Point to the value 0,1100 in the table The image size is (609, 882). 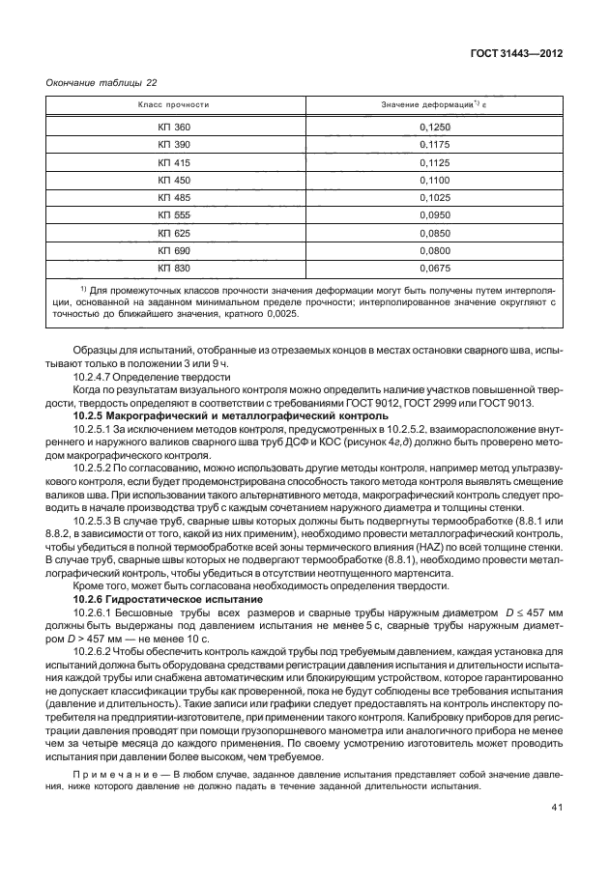click(x=434, y=180)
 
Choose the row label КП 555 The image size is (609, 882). click(x=175, y=215)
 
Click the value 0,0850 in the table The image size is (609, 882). click(x=434, y=233)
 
